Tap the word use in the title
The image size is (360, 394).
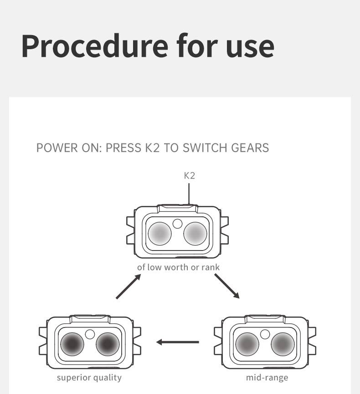pos(249,46)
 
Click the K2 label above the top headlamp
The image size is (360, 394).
pos(190,175)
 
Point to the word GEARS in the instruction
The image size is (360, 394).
pos(250,148)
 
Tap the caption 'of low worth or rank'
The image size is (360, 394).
pos(178,267)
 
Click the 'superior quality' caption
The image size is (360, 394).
pos(89,378)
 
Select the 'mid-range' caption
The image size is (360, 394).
pos(267,378)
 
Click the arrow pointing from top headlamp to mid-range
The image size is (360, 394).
pos(227,286)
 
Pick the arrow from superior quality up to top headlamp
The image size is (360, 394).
pos(128,287)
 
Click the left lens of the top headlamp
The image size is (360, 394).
pos(159,234)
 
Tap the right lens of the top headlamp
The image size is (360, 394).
pos(195,234)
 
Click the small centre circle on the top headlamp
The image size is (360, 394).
pos(178,223)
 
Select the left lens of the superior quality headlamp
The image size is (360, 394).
pos(72,344)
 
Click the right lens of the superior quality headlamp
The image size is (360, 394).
pos(108,344)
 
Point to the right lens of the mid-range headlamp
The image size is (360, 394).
pos(283,344)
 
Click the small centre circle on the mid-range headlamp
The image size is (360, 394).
pos(265,334)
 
